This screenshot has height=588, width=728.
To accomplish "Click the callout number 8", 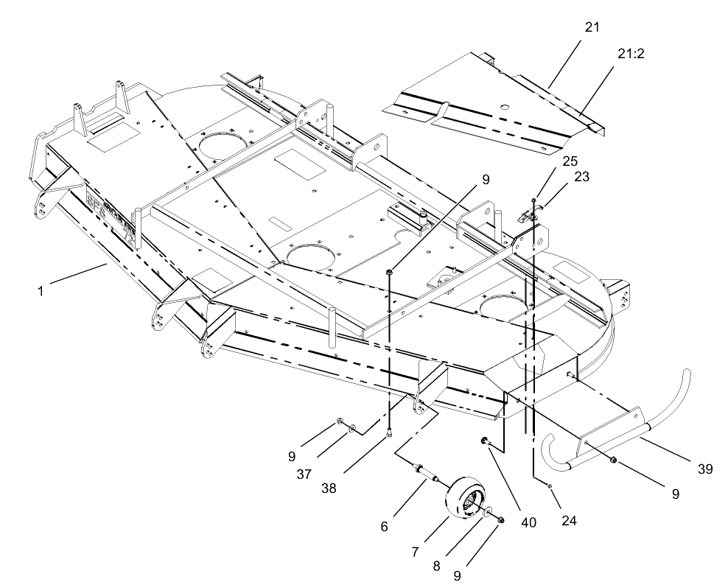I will [456, 575].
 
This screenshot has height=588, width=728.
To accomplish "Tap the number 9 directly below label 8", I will [456, 575].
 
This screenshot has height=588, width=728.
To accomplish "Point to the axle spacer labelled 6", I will [424, 472].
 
